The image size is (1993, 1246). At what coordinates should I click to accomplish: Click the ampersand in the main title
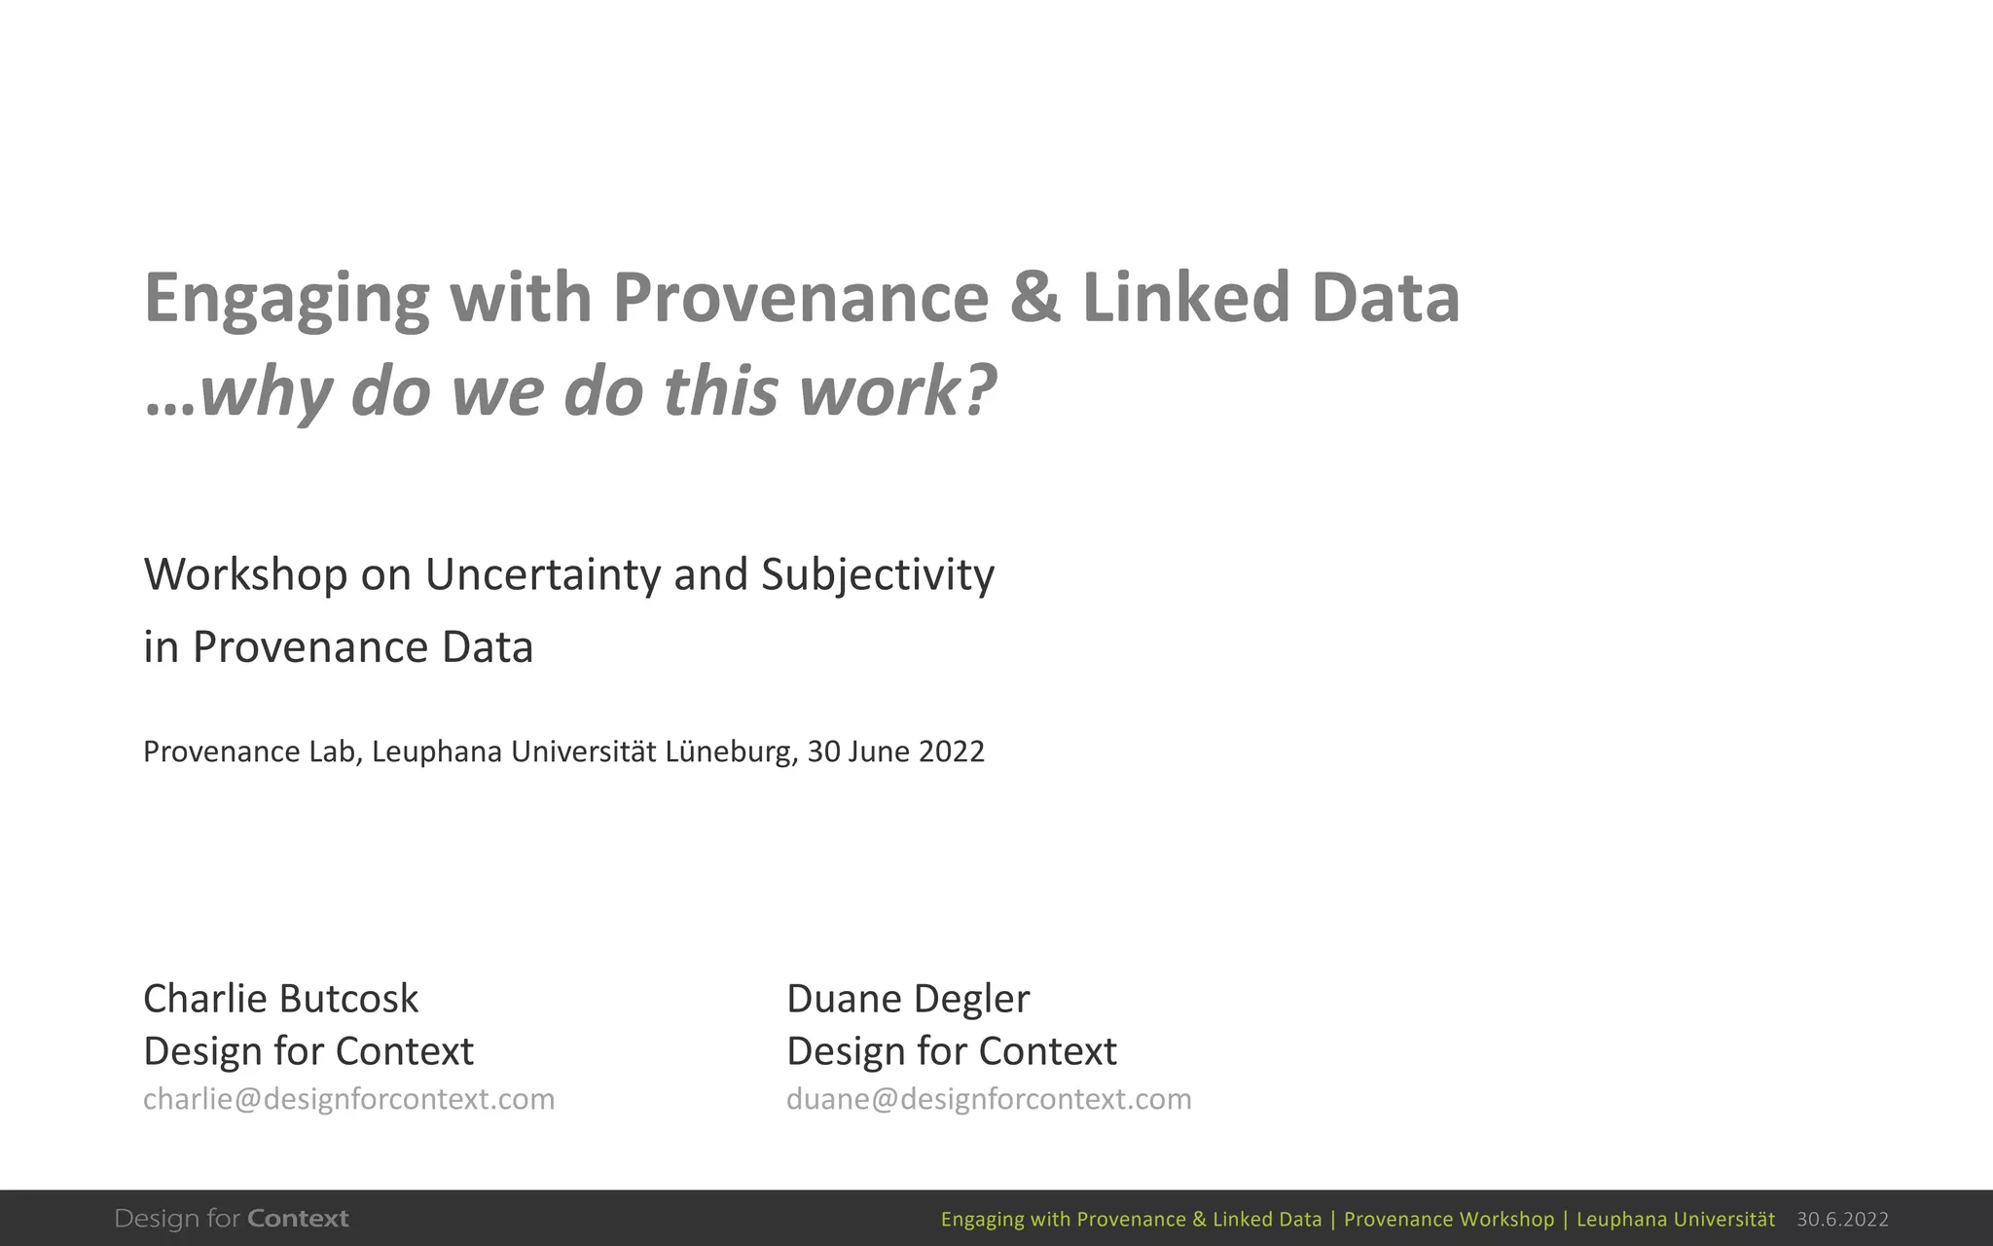(1034, 298)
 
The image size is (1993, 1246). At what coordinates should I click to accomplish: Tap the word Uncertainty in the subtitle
(542, 574)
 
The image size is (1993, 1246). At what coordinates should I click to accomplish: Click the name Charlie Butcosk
(280, 999)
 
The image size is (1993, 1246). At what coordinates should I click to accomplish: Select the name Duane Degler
(907, 999)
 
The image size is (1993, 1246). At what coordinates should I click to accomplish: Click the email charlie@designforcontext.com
(348, 1099)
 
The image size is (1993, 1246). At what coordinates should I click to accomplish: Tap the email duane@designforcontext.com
(989, 1099)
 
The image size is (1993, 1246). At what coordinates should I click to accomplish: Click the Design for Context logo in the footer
(232, 1219)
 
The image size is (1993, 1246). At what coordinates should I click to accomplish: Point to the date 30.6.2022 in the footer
(1842, 1220)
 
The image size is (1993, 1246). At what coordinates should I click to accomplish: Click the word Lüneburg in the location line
(732, 751)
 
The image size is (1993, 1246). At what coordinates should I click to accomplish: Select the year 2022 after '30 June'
(952, 751)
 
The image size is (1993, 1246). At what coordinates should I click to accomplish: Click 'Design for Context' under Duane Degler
(951, 1051)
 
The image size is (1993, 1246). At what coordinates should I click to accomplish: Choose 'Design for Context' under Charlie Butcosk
(308, 1051)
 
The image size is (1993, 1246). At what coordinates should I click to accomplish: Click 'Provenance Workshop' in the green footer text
(1449, 1220)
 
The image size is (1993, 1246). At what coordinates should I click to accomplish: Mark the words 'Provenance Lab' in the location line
(249, 751)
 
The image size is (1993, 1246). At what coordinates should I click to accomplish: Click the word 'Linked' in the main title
(1185, 298)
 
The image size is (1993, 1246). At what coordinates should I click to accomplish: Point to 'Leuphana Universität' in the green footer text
(1675, 1220)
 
